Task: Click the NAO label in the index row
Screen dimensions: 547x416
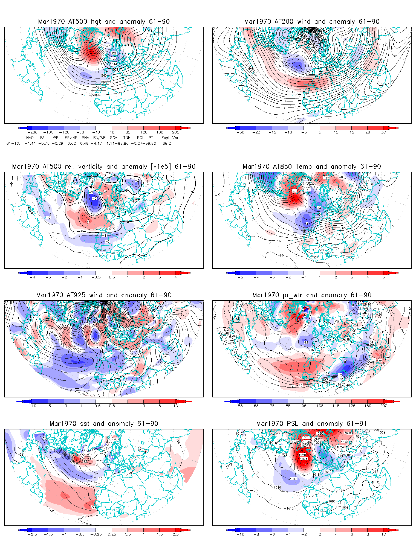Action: pos(30,138)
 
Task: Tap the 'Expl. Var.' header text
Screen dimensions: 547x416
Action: pos(170,138)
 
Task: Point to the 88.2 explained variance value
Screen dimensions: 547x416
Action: pos(167,143)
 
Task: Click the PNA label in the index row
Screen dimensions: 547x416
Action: pos(85,138)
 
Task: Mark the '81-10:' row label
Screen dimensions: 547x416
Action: pos(13,143)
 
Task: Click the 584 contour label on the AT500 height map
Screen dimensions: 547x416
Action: pos(95,95)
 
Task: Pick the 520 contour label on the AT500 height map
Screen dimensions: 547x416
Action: pos(108,46)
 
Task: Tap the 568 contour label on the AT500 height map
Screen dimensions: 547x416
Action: pos(104,82)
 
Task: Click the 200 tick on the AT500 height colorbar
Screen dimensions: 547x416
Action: pos(176,132)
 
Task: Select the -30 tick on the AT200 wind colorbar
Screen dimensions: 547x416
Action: pos(240,132)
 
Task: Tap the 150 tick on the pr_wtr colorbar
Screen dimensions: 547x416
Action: pos(368,406)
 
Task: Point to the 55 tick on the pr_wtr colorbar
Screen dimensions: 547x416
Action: pos(240,406)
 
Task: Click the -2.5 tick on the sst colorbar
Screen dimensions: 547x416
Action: pos(32,534)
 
